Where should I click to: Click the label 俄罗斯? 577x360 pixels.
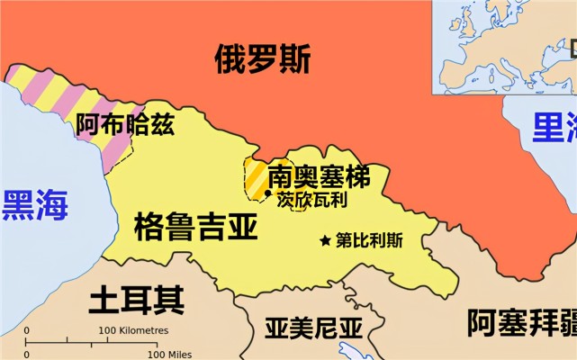[262, 60]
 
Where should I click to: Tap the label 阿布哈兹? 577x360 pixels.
[124, 125]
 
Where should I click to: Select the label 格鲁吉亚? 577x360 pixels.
[195, 225]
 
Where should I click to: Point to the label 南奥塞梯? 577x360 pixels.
[319, 175]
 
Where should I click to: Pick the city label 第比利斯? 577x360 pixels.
[369, 241]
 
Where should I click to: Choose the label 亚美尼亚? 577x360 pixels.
[312, 328]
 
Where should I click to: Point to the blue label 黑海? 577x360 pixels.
[34, 205]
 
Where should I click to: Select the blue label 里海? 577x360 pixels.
[553, 127]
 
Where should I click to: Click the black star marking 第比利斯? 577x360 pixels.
[325, 241]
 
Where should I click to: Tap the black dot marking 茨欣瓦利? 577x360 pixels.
[267, 193]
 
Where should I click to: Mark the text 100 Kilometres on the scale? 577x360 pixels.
[133, 330]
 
